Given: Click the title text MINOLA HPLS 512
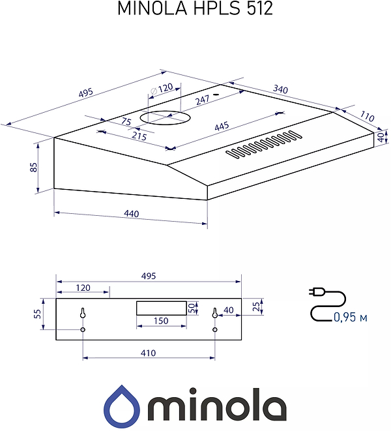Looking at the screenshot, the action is click(x=195, y=8).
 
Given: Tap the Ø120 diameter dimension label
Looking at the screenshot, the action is click(x=162, y=89).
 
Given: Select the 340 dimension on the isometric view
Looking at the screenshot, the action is click(x=280, y=89).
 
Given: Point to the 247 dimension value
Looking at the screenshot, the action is click(x=203, y=100).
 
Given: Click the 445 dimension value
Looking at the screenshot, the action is click(x=222, y=126).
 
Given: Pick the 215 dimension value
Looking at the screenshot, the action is click(x=139, y=136).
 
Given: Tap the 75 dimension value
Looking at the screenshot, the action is click(x=126, y=121).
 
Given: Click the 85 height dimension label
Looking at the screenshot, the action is click(x=33, y=167).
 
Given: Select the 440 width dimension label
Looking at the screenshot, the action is click(x=132, y=214).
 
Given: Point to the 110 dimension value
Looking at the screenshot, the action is click(x=367, y=116).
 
